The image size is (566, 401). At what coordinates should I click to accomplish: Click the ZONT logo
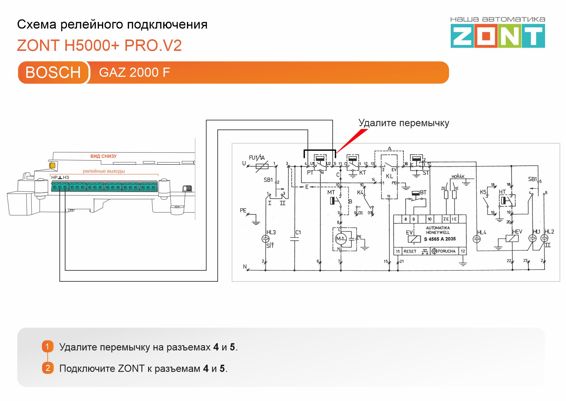pos(497,36)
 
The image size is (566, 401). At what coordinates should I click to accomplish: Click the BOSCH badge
pos(53,72)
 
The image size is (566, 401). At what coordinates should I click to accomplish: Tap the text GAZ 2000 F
pos(134,72)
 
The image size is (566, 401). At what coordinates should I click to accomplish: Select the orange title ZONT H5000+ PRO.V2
pos(99,45)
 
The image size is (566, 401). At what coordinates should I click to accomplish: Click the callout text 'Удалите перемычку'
pos(404,123)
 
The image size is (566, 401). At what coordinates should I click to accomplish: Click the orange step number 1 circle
pos(48,346)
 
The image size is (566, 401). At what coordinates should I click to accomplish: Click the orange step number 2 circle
pos(48,368)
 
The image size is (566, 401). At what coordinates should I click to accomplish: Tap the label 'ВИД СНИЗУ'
pos(103,156)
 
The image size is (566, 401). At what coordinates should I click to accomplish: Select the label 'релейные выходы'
pos(104,171)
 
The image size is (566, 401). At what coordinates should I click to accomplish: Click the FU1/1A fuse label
pos(257,157)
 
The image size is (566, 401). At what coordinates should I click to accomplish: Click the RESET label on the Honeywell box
pos(410,251)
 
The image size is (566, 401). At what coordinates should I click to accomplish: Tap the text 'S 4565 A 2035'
pos(440,239)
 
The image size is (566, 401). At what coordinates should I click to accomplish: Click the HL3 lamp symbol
pos(265,239)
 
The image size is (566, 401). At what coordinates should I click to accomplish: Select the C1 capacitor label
pos(298,232)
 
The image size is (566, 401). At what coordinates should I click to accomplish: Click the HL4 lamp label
pos(481,232)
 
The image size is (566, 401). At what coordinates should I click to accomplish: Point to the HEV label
pos(517,232)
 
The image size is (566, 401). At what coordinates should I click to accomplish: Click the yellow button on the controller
pos(52,165)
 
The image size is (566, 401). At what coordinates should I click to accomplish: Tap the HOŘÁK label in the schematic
pos(458,176)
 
